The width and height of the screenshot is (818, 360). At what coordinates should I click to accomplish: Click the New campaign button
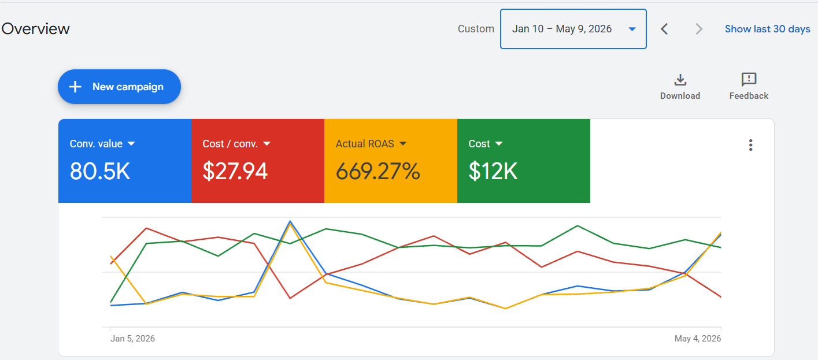(119, 87)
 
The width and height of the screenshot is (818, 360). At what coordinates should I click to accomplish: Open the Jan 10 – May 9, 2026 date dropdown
(573, 29)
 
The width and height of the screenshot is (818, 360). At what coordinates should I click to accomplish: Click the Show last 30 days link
(767, 29)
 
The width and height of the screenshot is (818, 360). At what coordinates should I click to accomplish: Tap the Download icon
(680, 80)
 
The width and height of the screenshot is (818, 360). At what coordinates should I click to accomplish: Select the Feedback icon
(749, 79)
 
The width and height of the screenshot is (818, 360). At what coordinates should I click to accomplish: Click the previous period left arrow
(664, 29)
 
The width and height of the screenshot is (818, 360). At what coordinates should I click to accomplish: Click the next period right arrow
(698, 29)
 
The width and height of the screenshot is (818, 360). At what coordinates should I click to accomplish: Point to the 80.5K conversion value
(99, 171)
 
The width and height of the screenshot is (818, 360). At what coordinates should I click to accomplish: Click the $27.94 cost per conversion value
(235, 171)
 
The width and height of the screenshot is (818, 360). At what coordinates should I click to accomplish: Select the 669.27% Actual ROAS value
(377, 171)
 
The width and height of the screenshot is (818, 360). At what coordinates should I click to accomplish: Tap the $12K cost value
(493, 171)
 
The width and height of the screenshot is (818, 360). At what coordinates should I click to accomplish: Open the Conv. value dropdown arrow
(131, 144)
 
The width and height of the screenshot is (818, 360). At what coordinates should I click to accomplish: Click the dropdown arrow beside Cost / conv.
(267, 144)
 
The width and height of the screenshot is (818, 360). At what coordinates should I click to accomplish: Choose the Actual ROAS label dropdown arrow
(403, 144)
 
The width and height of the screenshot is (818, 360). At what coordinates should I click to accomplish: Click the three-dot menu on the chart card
(750, 145)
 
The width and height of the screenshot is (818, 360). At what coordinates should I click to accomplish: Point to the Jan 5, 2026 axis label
(132, 339)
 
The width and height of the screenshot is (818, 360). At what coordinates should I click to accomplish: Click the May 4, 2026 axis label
(698, 339)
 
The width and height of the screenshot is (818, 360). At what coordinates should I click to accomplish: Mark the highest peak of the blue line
(290, 221)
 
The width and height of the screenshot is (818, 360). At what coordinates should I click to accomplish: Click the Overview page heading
(35, 29)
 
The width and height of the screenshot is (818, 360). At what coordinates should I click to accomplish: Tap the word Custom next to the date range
(476, 29)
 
